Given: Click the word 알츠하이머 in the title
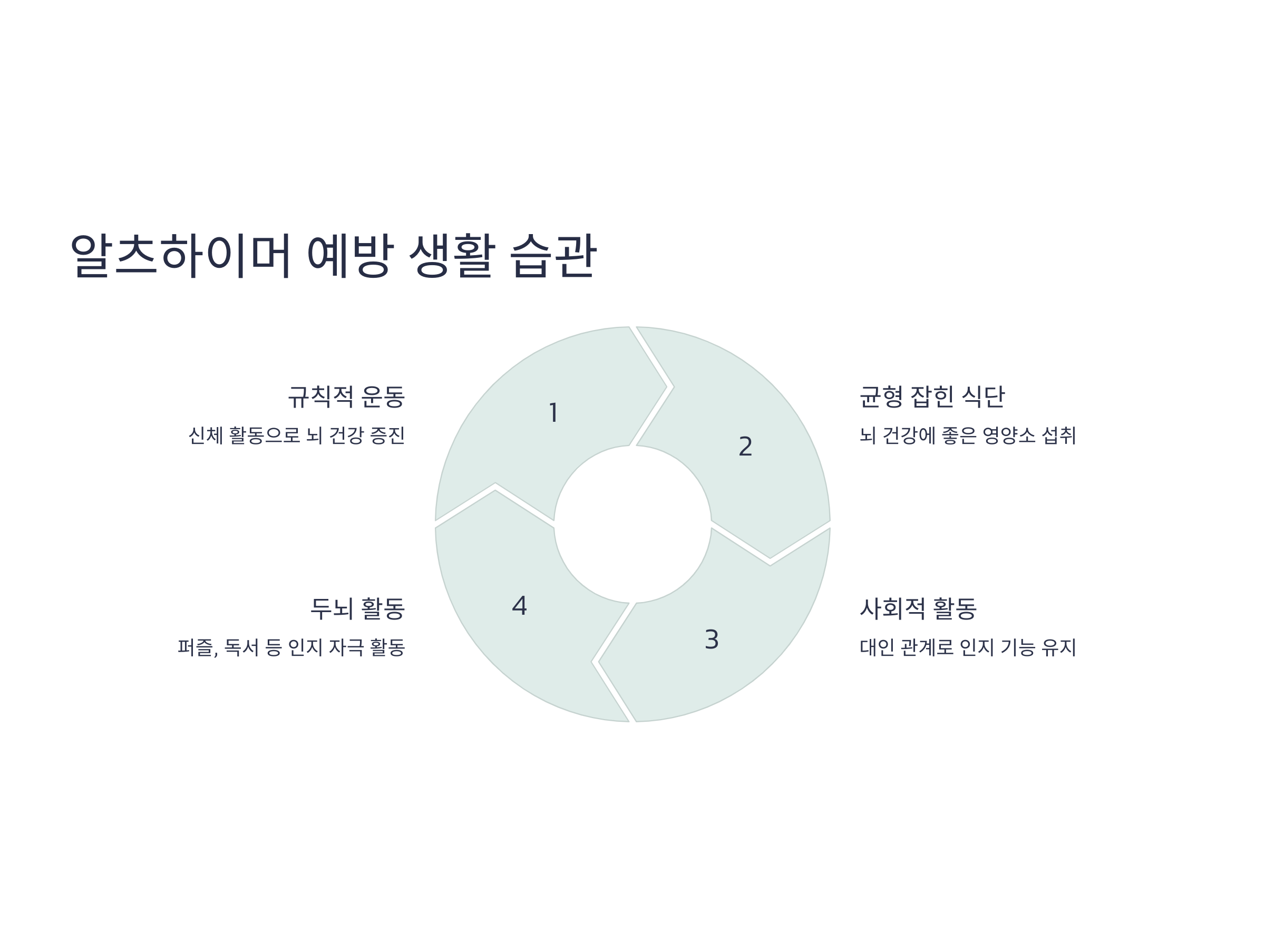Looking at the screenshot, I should tap(181, 255).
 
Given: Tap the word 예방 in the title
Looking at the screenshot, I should tap(350, 255).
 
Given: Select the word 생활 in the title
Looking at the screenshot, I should tap(452, 255).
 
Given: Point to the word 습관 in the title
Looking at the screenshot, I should tap(553, 255).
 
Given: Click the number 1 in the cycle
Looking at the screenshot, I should tap(553, 413).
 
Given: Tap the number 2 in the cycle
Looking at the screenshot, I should tap(745, 447).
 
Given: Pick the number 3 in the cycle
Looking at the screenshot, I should tap(712, 640).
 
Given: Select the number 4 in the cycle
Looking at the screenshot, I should tap(519, 606).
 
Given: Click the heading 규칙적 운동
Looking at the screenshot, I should tap(346, 397).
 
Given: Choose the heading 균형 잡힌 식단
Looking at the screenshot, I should tap(931, 397).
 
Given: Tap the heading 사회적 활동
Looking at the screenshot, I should tap(918, 608).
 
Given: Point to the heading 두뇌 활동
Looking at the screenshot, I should tap(357, 608).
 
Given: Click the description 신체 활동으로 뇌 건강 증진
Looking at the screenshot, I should tap(296, 436).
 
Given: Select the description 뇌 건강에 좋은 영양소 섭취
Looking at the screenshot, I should tap(968, 436).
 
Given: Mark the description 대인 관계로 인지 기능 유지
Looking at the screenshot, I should tap(968, 647).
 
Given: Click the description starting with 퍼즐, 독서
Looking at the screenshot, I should tap(291, 647).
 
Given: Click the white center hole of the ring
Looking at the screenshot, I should tap(632, 524).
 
